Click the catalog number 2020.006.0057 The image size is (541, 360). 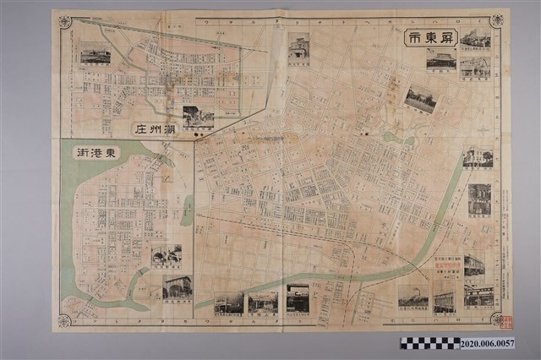pos(488,344)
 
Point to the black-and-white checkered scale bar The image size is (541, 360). pos(429,343)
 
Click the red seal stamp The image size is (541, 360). pos(507,320)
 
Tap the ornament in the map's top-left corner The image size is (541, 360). pos(65,22)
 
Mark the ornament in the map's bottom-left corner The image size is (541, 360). pos(64,319)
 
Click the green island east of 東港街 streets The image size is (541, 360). pos(187,210)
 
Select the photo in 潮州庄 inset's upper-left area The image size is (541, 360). pos(95,53)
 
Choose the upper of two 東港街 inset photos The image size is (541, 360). pos(166,255)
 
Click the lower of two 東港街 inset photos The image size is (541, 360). pos(177,287)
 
